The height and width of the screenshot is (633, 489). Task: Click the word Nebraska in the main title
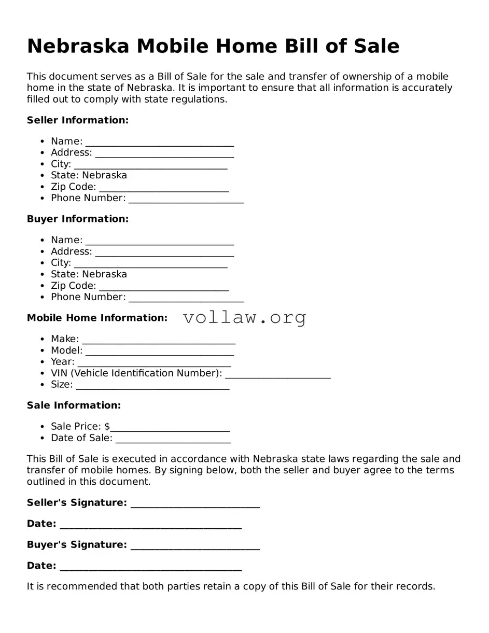click(78, 46)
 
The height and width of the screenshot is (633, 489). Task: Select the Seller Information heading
click(77, 120)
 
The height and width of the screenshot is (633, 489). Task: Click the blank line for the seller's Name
click(159, 143)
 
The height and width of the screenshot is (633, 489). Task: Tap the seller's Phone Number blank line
click(186, 200)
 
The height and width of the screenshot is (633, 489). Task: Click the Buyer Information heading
click(77, 219)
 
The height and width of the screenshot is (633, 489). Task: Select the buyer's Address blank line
click(164, 252)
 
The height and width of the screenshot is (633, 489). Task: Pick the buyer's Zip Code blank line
click(163, 287)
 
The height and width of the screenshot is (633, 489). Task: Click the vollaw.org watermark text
click(244, 317)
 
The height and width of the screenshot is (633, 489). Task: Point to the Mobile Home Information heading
click(97, 318)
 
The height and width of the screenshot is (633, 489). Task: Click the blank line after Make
click(158, 340)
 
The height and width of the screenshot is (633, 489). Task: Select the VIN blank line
click(277, 374)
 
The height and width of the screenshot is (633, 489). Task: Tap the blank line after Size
click(152, 386)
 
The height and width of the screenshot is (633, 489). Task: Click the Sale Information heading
click(74, 405)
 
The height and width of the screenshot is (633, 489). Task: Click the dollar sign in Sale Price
click(107, 427)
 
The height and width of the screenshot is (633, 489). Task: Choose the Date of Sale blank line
click(173, 439)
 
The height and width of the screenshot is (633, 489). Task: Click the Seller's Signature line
click(195, 504)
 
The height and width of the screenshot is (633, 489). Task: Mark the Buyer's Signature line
click(195, 546)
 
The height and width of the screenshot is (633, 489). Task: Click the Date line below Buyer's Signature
click(150, 567)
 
